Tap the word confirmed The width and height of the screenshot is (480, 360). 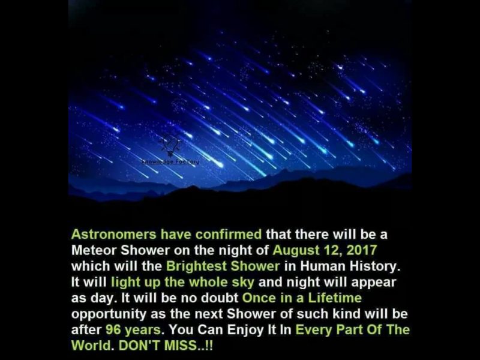(231, 233)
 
